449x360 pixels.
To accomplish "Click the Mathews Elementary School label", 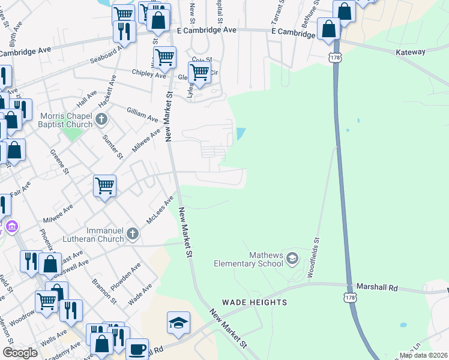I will (x=249, y=259).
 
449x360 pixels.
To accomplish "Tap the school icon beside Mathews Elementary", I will (x=292, y=259).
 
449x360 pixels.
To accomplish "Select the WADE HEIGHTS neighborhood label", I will (x=255, y=302).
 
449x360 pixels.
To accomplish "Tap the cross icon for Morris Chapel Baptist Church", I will (x=101, y=120).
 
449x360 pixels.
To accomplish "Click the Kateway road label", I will (x=411, y=52).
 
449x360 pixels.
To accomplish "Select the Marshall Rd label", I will (x=377, y=288).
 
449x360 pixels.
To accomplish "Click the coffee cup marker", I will (x=137, y=349).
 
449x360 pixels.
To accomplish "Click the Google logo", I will (x=20, y=353).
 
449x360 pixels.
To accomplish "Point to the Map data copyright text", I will (x=423, y=355).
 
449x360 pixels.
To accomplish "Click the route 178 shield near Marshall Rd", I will (x=350, y=297).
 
